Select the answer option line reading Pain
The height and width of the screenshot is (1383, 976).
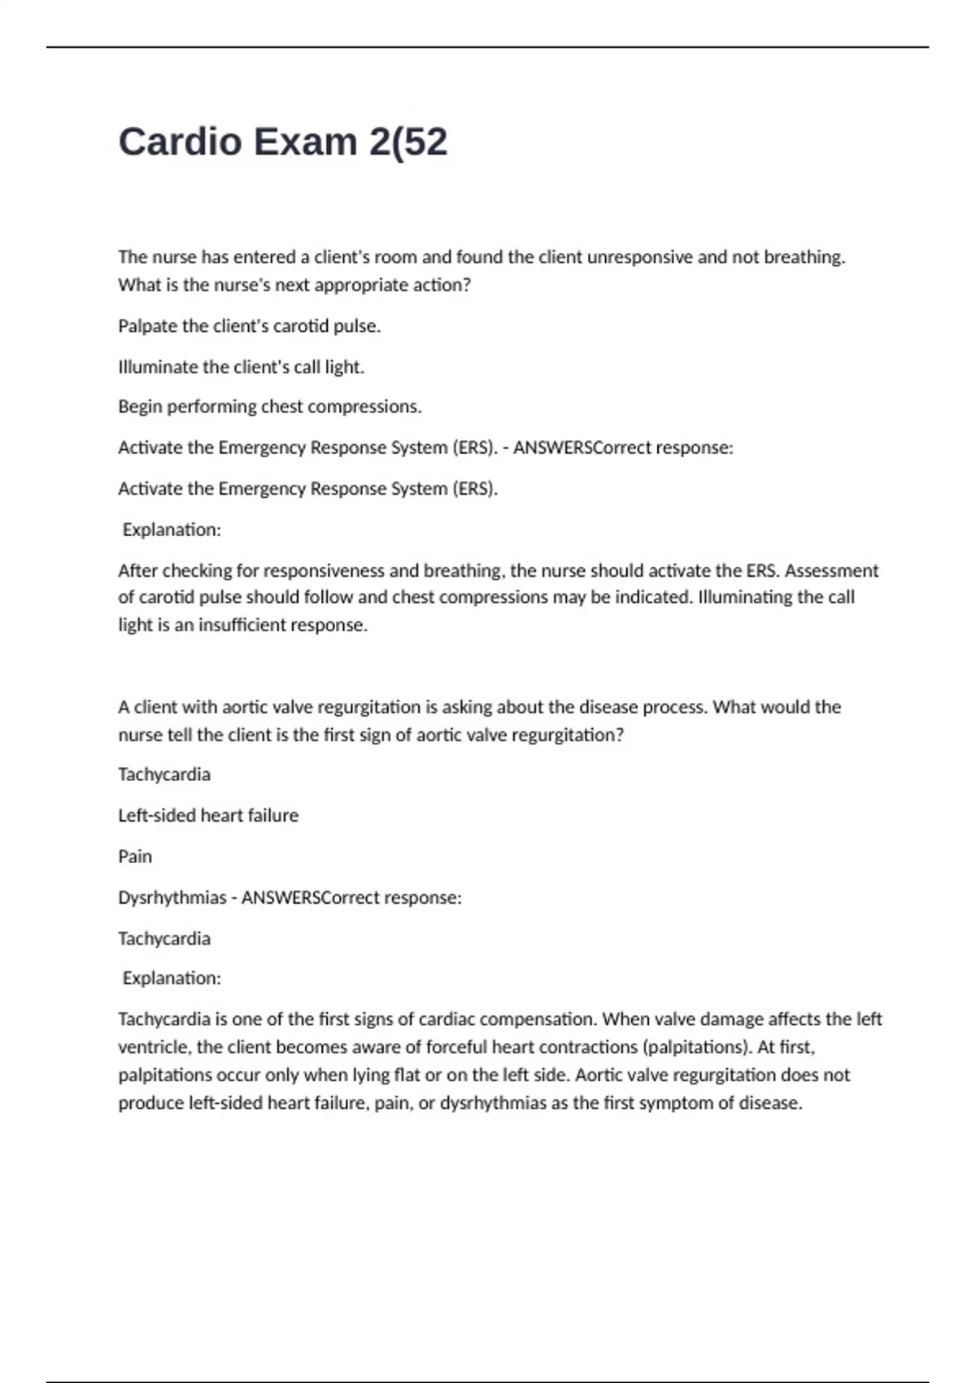[x=135, y=857]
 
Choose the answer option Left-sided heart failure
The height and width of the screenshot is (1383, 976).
[x=208, y=815]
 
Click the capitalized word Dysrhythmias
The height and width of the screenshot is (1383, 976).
[x=172, y=897]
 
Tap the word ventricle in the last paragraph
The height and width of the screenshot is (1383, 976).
[x=155, y=1047]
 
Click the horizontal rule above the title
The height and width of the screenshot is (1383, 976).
[x=488, y=47]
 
